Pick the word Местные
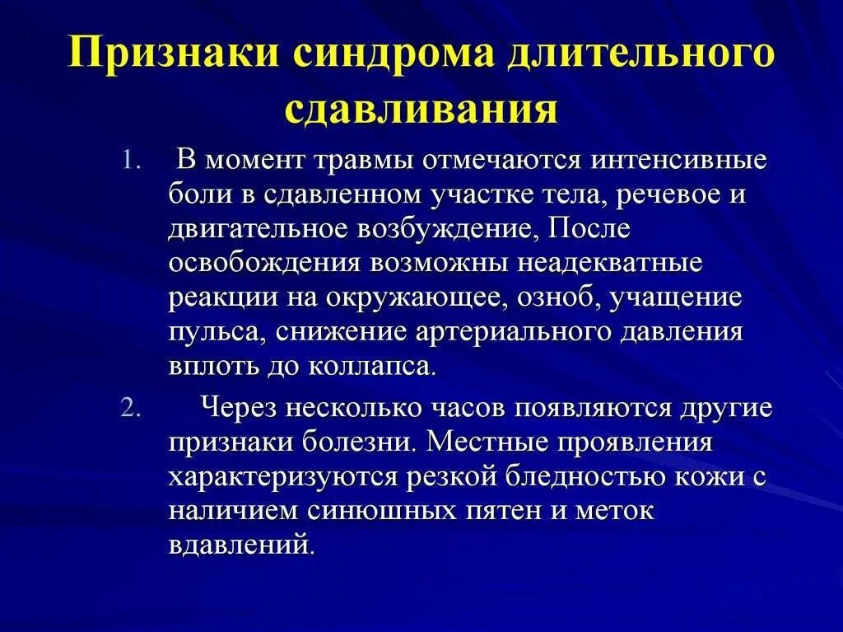point(492,444)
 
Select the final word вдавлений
point(241,545)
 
